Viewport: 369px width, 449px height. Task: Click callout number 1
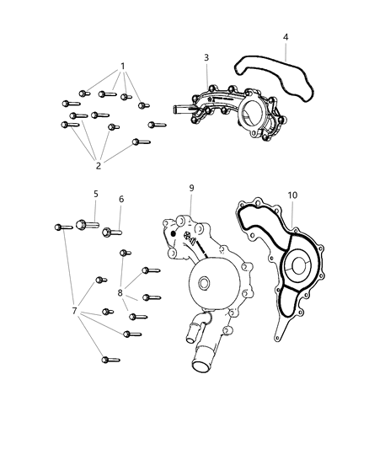[122, 66]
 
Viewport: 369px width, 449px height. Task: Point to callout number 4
[286, 37]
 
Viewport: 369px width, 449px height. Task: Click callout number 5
[96, 194]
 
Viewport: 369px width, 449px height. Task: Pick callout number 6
[121, 200]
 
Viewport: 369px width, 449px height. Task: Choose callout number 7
[76, 312]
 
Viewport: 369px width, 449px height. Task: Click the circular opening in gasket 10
[298, 270]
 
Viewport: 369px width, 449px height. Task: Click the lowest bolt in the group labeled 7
[109, 360]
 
